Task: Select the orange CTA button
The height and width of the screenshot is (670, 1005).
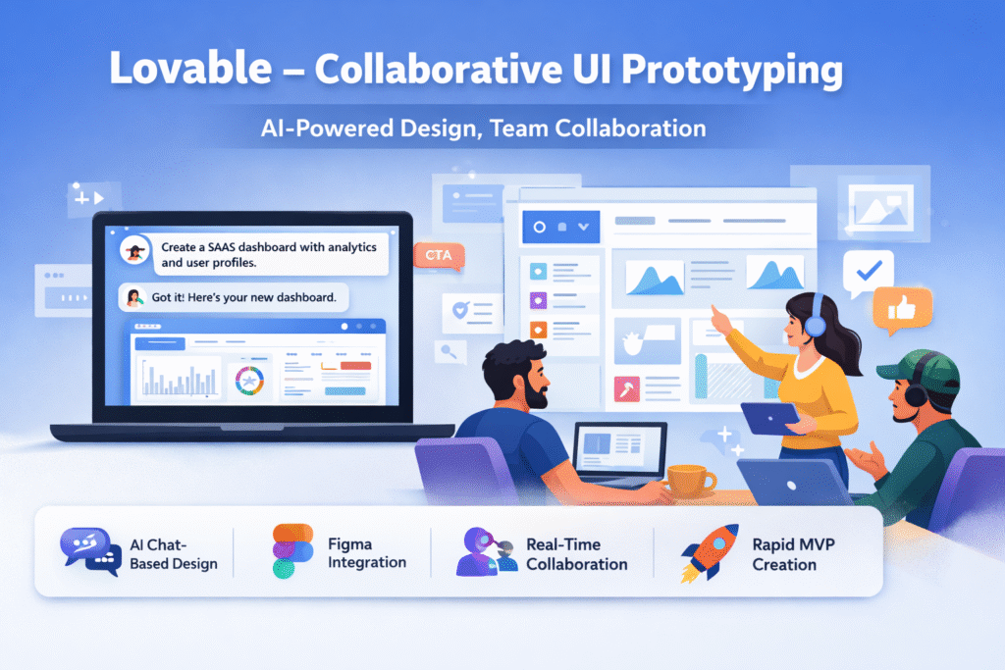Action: tap(438, 256)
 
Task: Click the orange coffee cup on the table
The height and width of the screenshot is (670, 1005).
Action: tap(691, 480)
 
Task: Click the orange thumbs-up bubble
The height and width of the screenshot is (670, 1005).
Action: tap(901, 309)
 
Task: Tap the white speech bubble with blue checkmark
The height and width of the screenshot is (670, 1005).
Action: tap(868, 271)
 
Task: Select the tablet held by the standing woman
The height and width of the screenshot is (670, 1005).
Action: tap(768, 417)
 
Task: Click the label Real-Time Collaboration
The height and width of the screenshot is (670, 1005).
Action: tap(576, 553)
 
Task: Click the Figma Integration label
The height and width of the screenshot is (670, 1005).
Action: tap(366, 553)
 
